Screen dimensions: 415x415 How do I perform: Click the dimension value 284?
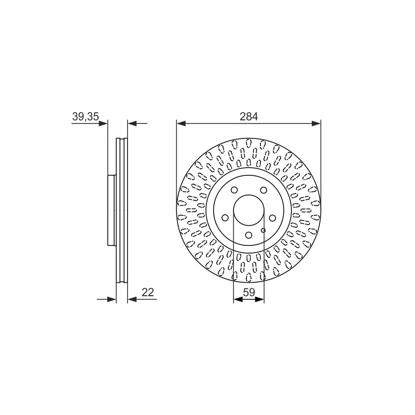point(248,116)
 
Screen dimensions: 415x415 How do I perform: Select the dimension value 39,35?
point(86,116)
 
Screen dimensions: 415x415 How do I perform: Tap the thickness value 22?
point(148,292)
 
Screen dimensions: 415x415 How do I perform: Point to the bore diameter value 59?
point(249,292)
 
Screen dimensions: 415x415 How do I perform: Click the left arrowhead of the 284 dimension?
point(181,123)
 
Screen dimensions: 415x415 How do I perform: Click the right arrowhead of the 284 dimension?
point(316,123)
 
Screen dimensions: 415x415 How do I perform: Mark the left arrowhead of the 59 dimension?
point(238,299)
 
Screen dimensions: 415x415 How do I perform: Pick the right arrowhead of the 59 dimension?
point(260,299)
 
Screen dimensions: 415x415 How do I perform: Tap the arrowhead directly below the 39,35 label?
point(103,123)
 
